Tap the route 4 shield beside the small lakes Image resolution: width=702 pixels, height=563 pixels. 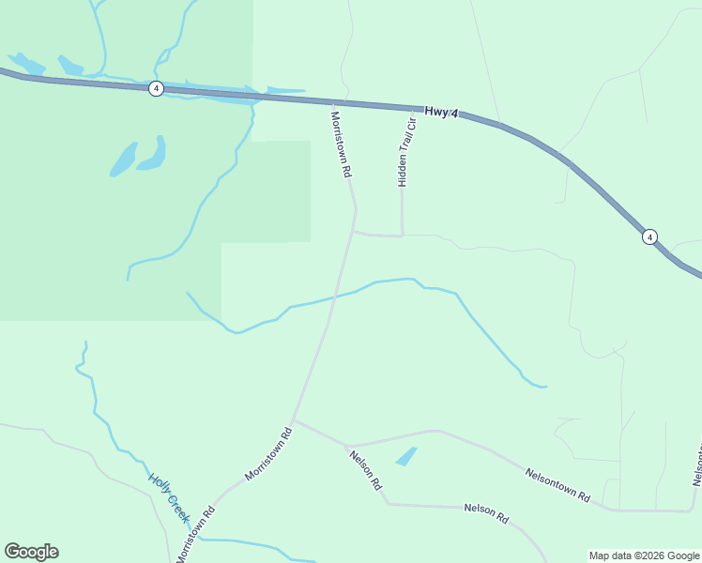[156, 88]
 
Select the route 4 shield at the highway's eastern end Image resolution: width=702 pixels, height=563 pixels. [649, 236]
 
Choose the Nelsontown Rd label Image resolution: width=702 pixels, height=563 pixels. [557, 484]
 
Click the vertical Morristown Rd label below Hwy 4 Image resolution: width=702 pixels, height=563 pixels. [341, 145]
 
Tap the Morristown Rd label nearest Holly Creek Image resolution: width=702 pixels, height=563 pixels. [195, 536]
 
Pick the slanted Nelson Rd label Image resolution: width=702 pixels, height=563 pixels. [365, 470]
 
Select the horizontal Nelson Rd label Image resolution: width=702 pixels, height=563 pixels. [486, 512]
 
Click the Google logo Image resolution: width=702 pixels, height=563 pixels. [31, 552]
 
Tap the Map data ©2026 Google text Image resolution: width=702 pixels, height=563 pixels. [644, 555]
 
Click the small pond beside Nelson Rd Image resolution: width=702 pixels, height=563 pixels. [405, 457]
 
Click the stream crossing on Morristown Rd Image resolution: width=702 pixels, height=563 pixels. [335, 297]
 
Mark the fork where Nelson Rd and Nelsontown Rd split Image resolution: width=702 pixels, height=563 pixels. [348, 445]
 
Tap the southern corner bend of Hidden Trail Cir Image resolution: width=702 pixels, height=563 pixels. [403, 236]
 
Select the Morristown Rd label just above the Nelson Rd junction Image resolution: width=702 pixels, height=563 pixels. [269, 454]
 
